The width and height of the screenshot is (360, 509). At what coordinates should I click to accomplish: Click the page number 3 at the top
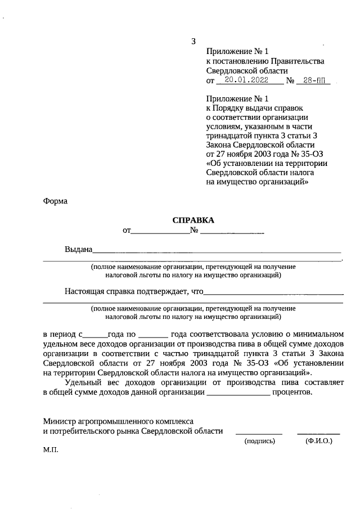coord(193,41)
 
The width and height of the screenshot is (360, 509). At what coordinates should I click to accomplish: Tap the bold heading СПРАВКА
coord(193,220)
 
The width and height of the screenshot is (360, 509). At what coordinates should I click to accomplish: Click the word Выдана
coord(78,250)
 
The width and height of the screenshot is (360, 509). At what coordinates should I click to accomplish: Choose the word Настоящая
coord(85,291)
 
